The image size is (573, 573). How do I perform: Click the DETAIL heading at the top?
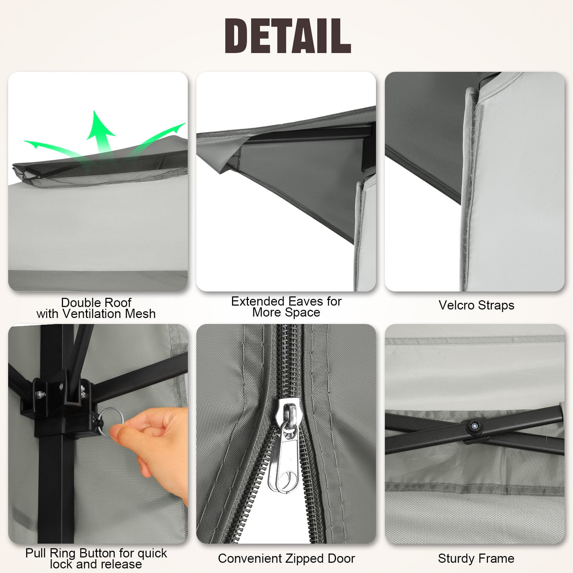point(288,36)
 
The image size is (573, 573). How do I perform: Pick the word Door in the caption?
point(341,558)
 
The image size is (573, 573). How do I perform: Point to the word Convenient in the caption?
point(250,558)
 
